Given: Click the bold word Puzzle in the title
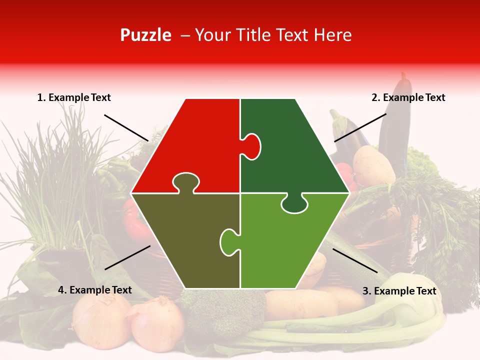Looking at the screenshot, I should [x=145, y=35].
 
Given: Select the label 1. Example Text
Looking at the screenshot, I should [x=74, y=98].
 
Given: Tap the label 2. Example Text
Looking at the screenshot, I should [x=408, y=98].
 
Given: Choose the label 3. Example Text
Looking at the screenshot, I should [x=399, y=291].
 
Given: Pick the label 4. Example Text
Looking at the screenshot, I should [x=95, y=290].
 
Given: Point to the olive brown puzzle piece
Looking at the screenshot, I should [x=185, y=240].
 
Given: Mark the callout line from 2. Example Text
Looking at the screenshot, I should [x=360, y=127].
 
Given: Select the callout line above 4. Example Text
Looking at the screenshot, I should [x=127, y=257].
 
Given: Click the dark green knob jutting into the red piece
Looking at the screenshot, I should [x=252, y=146].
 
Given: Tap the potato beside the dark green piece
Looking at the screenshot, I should [x=373, y=165].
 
